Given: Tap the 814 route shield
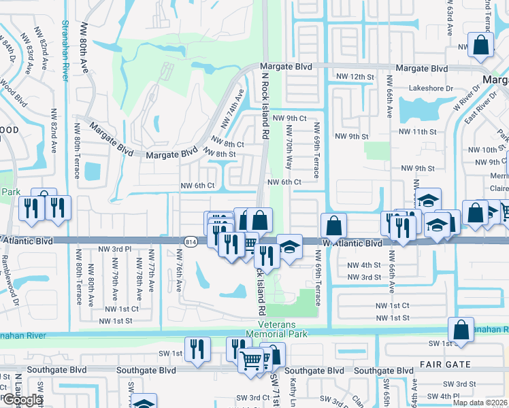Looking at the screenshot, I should [x=191, y=241].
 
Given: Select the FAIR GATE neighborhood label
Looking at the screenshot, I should [x=429, y=365].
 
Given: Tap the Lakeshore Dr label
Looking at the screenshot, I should [x=430, y=88].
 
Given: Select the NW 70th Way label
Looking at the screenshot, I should [x=290, y=147].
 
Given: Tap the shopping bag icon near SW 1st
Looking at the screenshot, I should [x=461, y=330].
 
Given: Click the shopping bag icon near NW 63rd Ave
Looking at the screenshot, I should [x=480, y=46].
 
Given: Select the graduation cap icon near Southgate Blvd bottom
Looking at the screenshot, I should [x=144, y=404].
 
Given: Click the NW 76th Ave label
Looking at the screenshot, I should [x=180, y=273].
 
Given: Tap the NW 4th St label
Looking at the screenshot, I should [x=364, y=265].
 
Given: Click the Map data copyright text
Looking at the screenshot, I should [x=480, y=403].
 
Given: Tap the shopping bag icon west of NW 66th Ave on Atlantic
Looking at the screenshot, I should [x=333, y=225].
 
